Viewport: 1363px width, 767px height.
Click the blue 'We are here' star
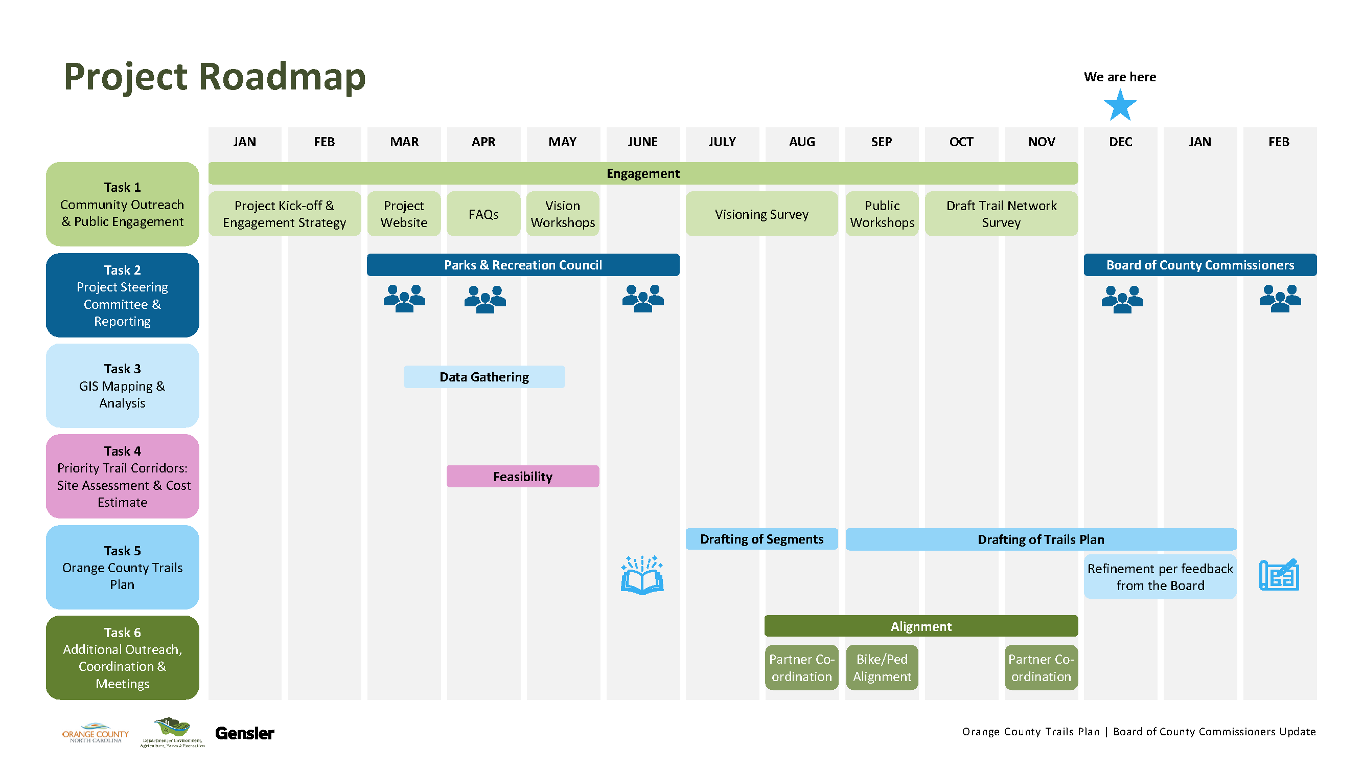tap(1120, 106)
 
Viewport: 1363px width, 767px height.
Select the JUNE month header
tap(642, 142)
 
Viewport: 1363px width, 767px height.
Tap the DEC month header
tap(1120, 142)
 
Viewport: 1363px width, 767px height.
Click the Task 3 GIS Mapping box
tap(122, 386)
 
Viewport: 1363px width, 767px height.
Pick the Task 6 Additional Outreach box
tap(122, 658)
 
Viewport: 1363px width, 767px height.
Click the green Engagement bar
tap(642, 174)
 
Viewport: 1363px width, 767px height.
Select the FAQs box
tap(483, 214)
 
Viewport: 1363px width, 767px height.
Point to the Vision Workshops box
tap(563, 214)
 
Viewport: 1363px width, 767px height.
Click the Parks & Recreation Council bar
tap(523, 265)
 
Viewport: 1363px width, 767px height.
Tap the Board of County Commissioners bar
tap(1199, 265)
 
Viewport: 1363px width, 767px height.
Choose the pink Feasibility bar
tap(523, 477)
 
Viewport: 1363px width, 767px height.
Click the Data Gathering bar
tap(483, 377)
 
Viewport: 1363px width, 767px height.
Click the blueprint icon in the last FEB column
tap(1279, 575)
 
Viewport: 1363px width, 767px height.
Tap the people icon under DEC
tap(1122, 299)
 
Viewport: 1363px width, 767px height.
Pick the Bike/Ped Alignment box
tap(882, 667)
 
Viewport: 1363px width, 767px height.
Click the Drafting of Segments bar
tap(761, 539)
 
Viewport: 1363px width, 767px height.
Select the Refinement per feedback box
tap(1160, 577)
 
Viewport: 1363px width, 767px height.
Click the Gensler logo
tap(244, 734)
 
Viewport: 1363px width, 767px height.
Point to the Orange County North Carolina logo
tap(95, 734)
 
